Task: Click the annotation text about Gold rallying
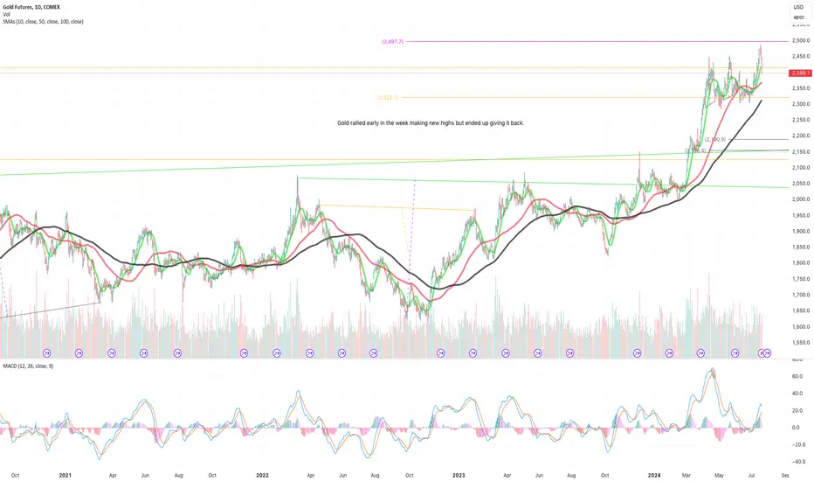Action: (x=430, y=123)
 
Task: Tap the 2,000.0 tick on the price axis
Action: (x=800, y=199)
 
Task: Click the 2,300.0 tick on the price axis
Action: (x=800, y=104)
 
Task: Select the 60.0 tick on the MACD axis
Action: (x=797, y=376)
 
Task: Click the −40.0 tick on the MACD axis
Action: (x=797, y=460)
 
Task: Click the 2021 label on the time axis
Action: (x=64, y=475)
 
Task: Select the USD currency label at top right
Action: (x=797, y=7)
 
